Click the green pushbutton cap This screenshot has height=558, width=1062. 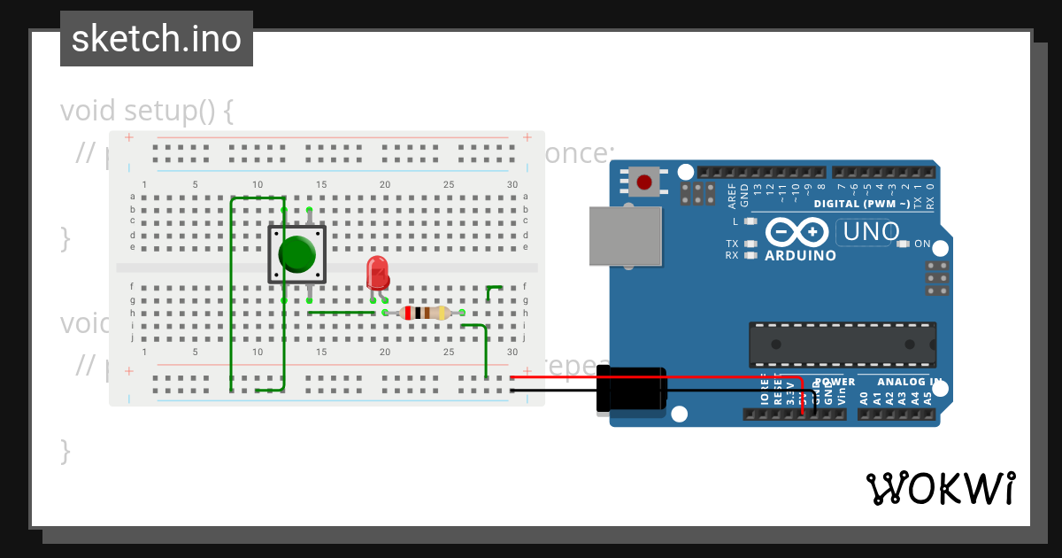[x=296, y=254]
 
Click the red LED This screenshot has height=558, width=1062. [x=377, y=272]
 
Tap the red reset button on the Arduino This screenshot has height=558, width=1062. [x=644, y=182]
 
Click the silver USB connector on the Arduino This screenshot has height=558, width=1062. [x=626, y=236]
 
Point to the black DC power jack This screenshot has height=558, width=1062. [x=631, y=389]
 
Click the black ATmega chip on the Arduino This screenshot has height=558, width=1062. [x=843, y=345]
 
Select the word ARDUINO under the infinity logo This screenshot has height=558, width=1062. [x=800, y=256]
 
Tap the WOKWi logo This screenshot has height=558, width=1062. [x=940, y=488]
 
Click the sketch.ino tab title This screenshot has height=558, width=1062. [x=157, y=39]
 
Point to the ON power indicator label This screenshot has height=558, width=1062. [x=922, y=244]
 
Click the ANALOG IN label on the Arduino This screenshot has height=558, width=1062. [x=910, y=383]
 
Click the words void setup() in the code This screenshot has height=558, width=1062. [x=147, y=112]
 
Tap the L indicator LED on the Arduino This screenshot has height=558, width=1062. [x=751, y=221]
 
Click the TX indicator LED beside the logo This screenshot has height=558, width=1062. [x=751, y=244]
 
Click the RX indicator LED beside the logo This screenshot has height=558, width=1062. [x=751, y=255]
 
